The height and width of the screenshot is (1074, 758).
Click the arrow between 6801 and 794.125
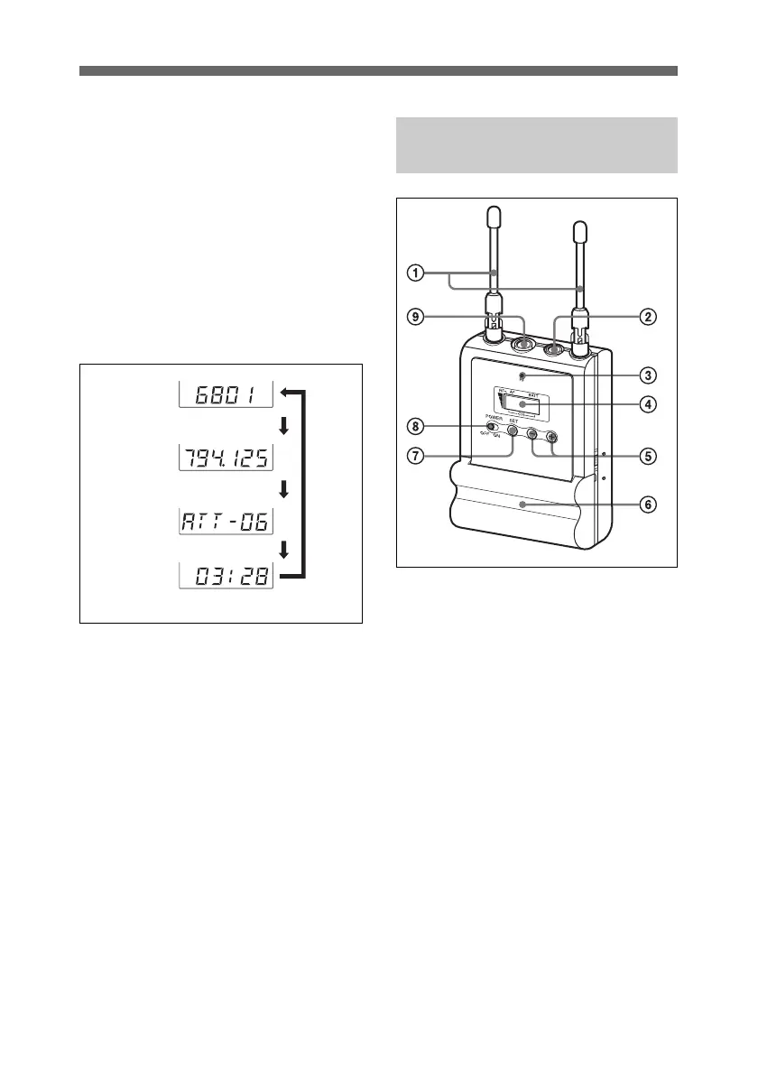click(x=284, y=426)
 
